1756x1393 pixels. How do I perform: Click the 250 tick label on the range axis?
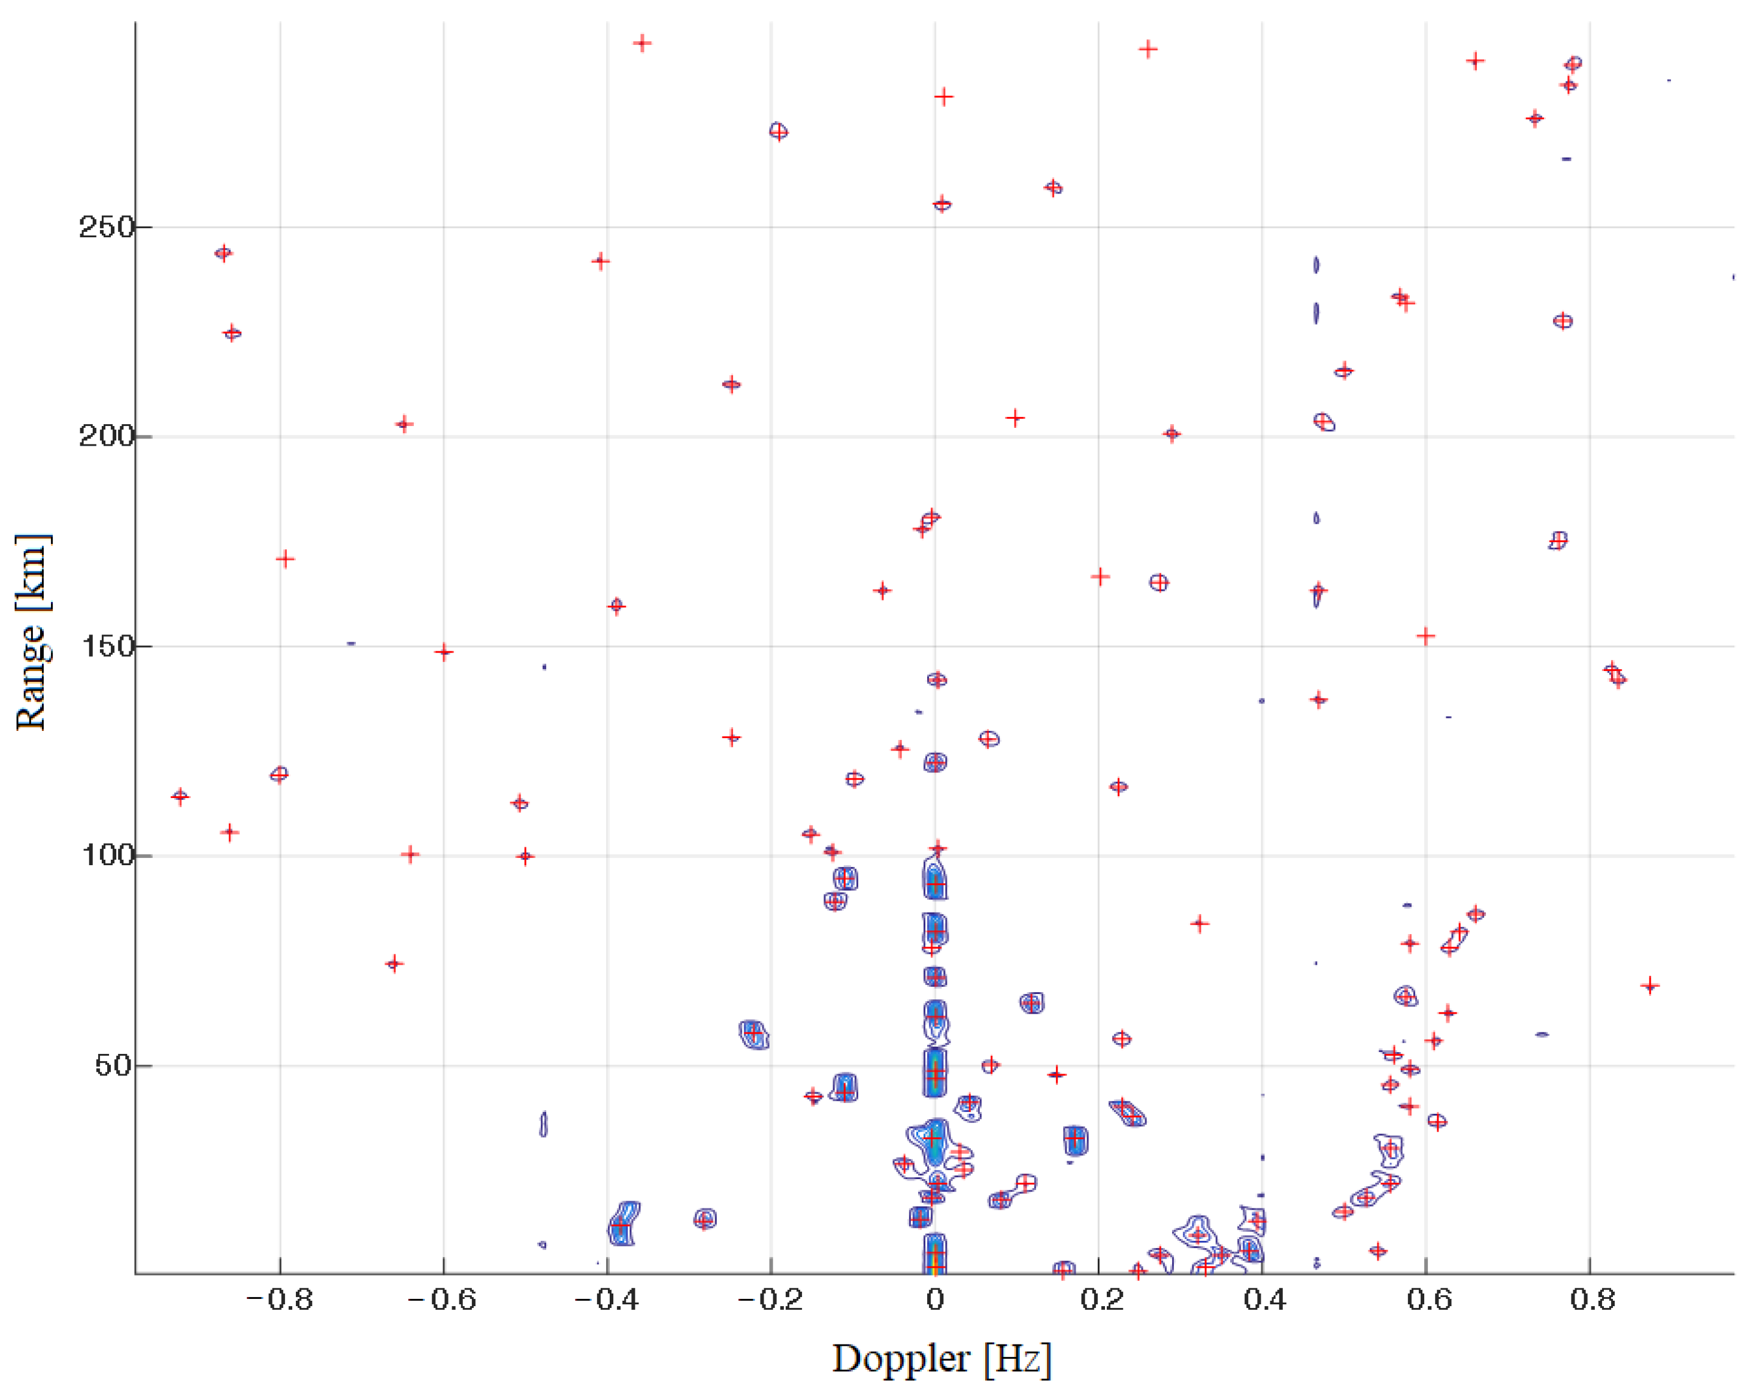click(106, 226)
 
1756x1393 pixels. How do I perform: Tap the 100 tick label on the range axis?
click(106, 856)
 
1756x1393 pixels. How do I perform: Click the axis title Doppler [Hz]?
click(941, 1359)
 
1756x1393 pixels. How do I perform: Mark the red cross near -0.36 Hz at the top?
click(643, 43)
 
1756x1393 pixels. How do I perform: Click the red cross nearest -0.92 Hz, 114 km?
click(180, 796)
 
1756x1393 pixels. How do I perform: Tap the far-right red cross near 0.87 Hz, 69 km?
click(1650, 986)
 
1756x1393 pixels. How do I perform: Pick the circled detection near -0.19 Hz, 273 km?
click(779, 131)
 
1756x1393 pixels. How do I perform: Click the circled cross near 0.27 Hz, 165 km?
click(1159, 582)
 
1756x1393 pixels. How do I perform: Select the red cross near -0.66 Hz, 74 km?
click(394, 963)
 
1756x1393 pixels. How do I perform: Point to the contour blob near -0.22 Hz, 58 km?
click(754, 1034)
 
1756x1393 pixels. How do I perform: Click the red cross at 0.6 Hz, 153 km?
click(1425, 636)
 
